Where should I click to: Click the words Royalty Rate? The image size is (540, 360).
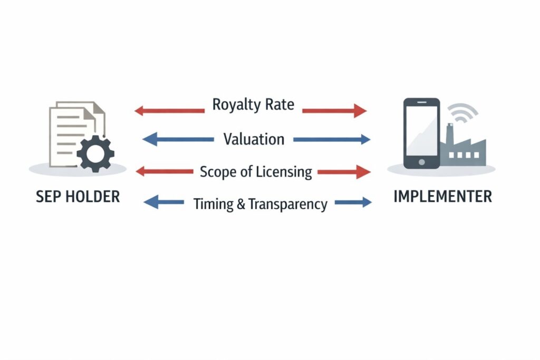click(253, 104)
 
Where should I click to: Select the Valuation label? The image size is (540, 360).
click(254, 139)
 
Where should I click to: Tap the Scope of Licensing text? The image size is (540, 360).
click(256, 171)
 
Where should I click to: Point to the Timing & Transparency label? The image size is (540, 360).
click(261, 204)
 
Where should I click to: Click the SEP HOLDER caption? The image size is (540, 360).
click(78, 197)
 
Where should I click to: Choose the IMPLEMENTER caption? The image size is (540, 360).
click(442, 197)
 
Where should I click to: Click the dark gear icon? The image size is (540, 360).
click(95, 153)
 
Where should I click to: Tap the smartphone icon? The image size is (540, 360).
click(421, 133)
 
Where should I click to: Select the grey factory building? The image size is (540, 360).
click(465, 150)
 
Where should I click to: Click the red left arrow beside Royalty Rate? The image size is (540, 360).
click(169, 111)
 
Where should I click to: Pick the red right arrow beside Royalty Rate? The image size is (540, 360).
click(334, 111)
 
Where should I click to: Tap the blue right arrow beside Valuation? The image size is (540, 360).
click(332, 140)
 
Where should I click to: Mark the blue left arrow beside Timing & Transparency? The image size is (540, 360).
click(163, 202)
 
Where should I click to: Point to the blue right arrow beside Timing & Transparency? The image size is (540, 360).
click(353, 202)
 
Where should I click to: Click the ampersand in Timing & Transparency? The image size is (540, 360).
click(240, 205)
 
